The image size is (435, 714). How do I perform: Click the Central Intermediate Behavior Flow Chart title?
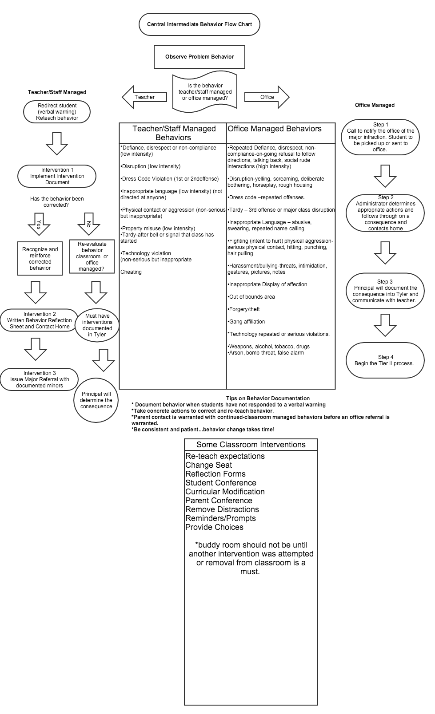(x=199, y=24)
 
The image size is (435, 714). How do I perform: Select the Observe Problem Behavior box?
(x=200, y=57)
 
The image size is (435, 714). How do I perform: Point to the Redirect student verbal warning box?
(x=57, y=112)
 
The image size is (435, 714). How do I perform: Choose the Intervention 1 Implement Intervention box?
(x=57, y=176)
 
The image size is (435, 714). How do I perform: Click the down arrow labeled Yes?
(x=39, y=224)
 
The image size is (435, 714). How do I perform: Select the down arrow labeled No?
(x=89, y=224)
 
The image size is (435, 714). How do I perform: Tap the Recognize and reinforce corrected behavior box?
(x=40, y=259)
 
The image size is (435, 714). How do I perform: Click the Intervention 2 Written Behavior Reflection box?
(x=40, y=320)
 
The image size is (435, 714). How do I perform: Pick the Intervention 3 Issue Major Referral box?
(x=40, y=379)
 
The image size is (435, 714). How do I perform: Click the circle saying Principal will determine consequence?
(x=96, y=400)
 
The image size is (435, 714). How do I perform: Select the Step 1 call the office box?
(x=380, y=137)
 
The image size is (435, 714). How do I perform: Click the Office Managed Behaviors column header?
(x=275, y=129)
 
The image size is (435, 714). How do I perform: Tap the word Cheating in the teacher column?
(x=131, y=272)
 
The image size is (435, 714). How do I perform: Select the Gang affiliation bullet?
(x=247, y=322)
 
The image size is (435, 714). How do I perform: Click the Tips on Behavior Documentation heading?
(x=267, y=398)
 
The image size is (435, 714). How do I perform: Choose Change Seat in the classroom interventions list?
(x=209, y=465)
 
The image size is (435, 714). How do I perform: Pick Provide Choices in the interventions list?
(x=215, y=527)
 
